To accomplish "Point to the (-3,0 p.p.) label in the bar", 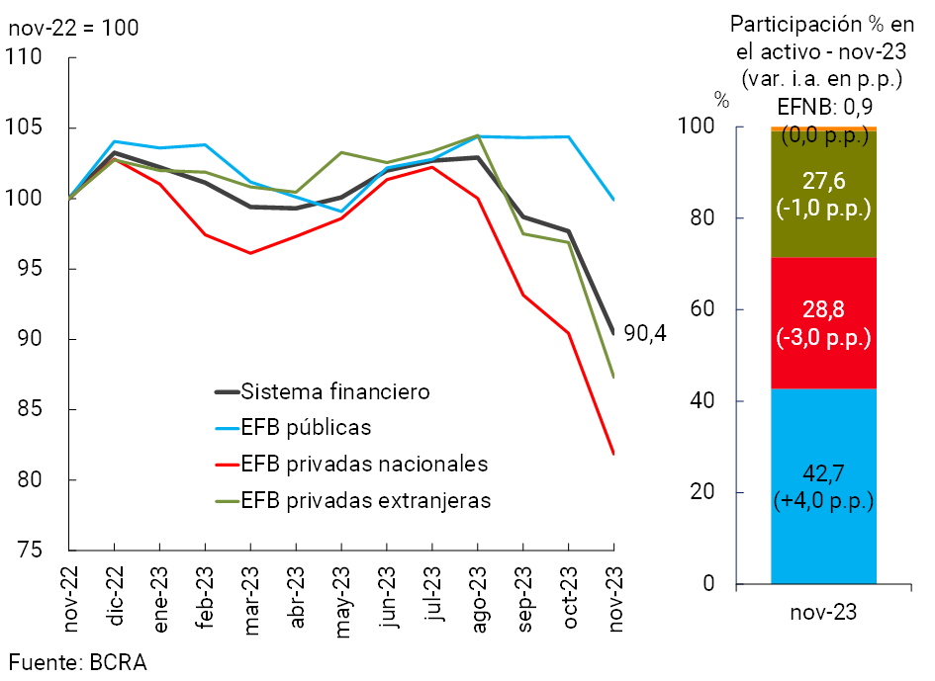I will pos(824,338).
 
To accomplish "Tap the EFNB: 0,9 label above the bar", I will pos(823,106).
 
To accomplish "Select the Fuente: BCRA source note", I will pos(78,662).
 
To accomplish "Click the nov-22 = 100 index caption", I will pos(73,27).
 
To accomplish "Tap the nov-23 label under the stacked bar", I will pos(823,613).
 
